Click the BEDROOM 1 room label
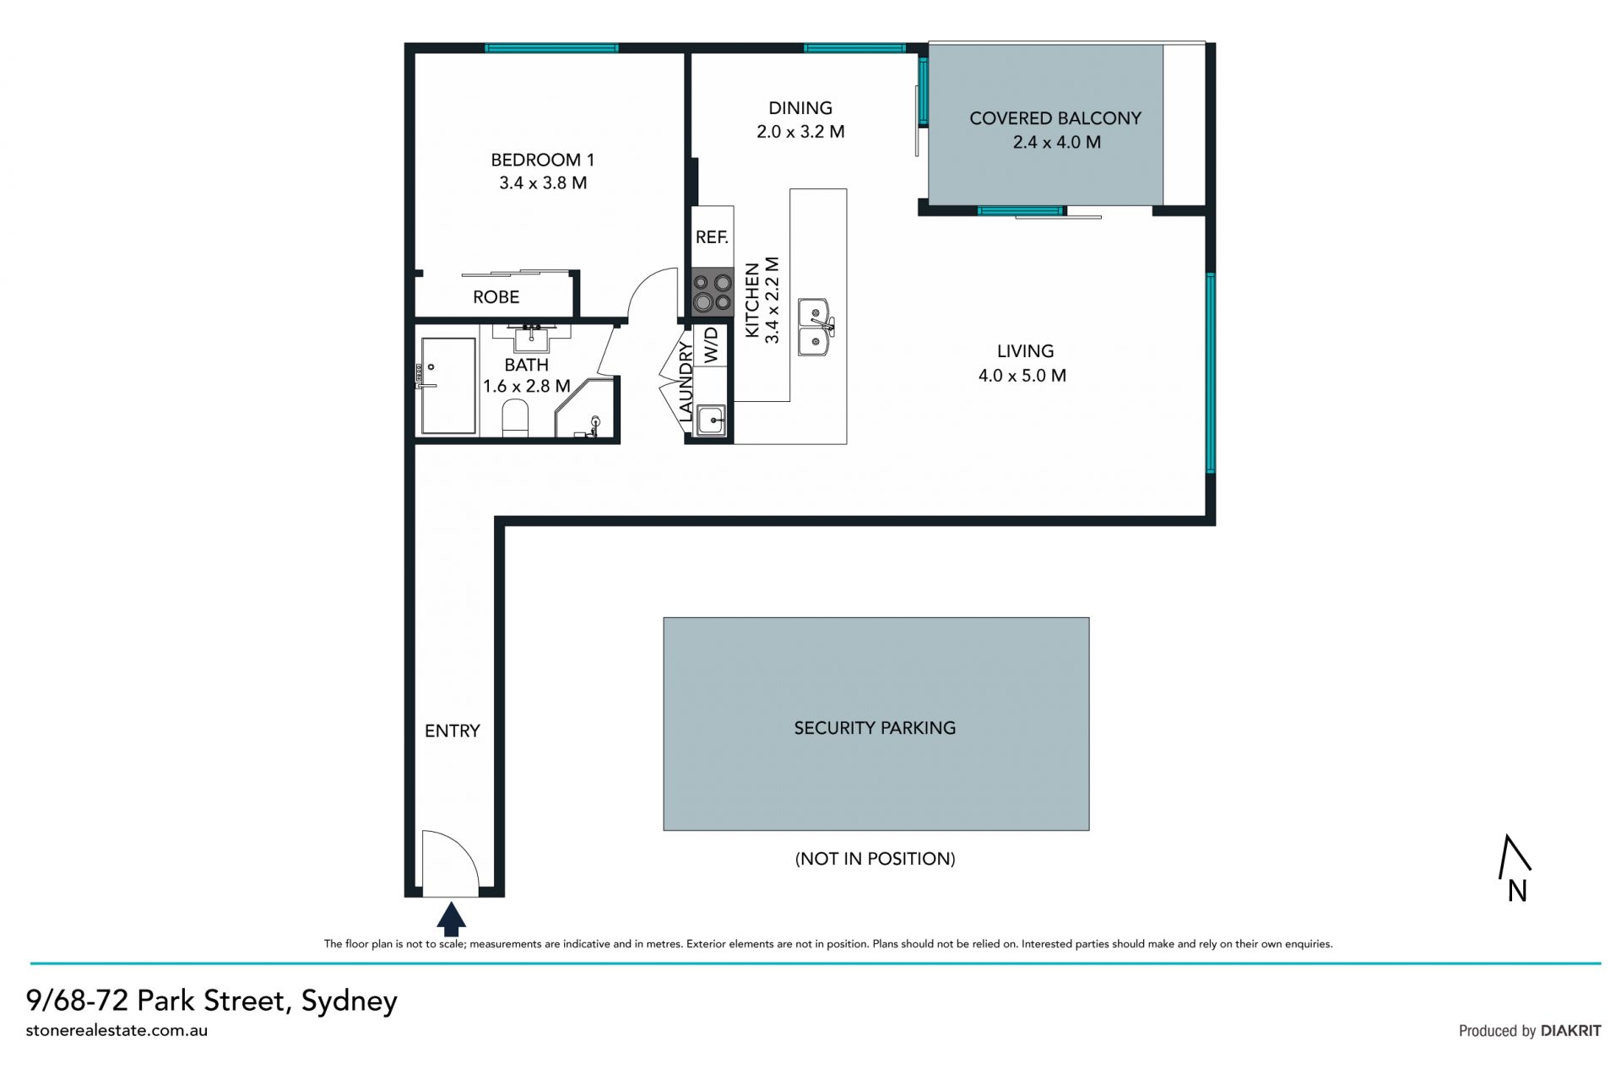tap(543, 160)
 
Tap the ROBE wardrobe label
tap(496, 297)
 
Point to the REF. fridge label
tap(712, 237)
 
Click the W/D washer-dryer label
tap(711, 345)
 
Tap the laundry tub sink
tap(710, 420)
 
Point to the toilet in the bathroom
tap(515, 419)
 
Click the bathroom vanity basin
tap(531, 338)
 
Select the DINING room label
tap(800, 108)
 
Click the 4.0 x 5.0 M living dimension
tap(1022, 376)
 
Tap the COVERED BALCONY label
tap(1055, 118)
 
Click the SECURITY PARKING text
tap(875, 728)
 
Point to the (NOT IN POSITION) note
tap(876, 859)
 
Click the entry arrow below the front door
tap(452, 919)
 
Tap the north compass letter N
tap(1517, 891)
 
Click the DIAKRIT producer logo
tap(1570, 1030)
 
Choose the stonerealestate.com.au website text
tap(117, 1030)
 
